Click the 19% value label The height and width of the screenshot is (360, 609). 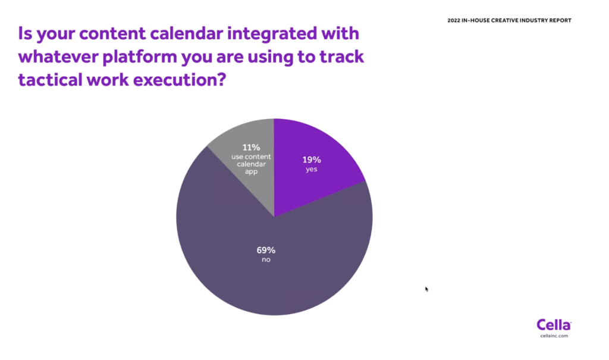pos(312,160)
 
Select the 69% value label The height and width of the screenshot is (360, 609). pos(266,251)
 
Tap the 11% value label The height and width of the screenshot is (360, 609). pos(252,148)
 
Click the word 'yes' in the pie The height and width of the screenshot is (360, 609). pos(312,170)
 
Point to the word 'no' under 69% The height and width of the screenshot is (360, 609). pos(266,259)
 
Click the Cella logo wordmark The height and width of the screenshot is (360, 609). pos(554,325)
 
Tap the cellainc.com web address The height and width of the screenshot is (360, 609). pos(554,336)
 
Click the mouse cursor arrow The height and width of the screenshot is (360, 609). pos(426,289)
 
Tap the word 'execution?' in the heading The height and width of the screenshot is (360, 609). pos(180,80)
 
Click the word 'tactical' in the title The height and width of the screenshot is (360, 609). pos(50,80)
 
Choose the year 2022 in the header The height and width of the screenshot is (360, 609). pos(454,21)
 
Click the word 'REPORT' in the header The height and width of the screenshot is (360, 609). pos(560,21)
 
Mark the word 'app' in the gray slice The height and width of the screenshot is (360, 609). pos(252,172)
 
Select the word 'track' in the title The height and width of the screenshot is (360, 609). pos(342,57)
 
